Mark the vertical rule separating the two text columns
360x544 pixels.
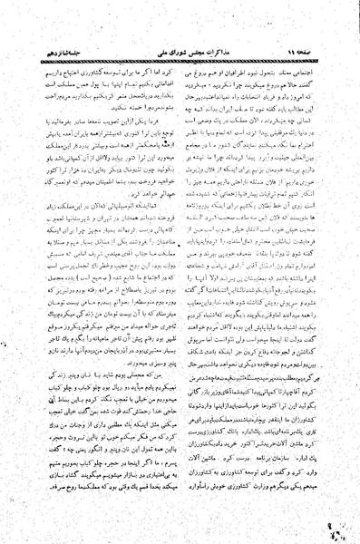pos(181,272)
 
